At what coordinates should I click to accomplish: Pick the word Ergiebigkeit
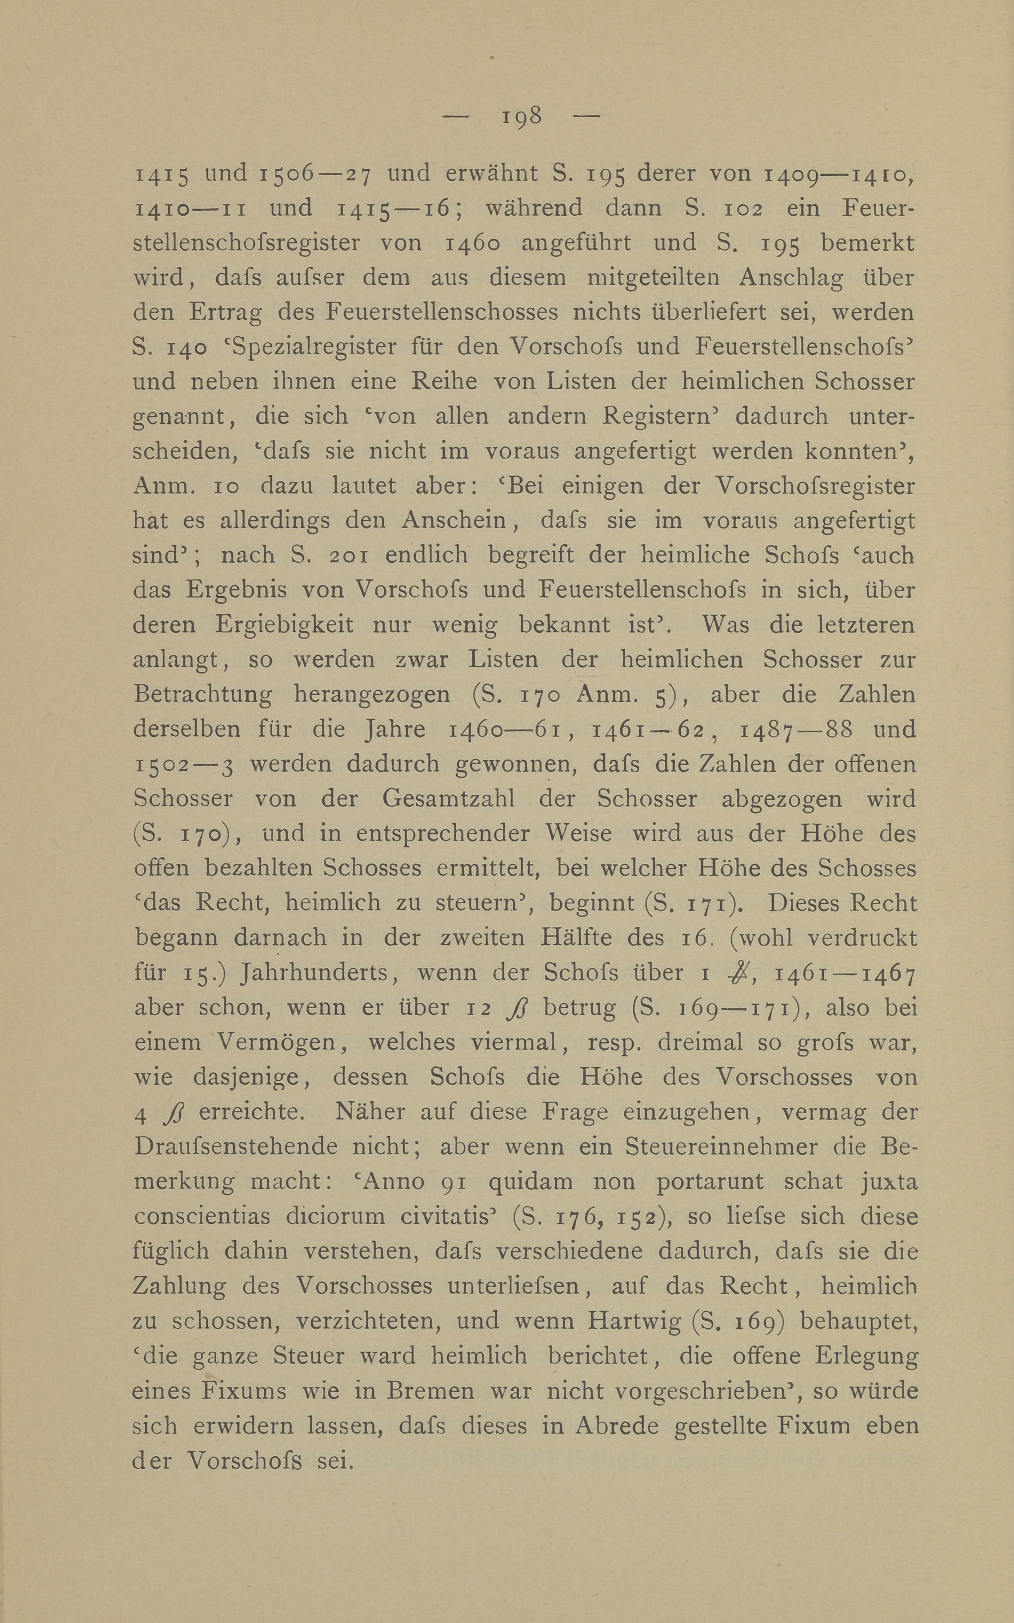[284, 625]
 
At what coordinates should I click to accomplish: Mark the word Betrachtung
[202, 695]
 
